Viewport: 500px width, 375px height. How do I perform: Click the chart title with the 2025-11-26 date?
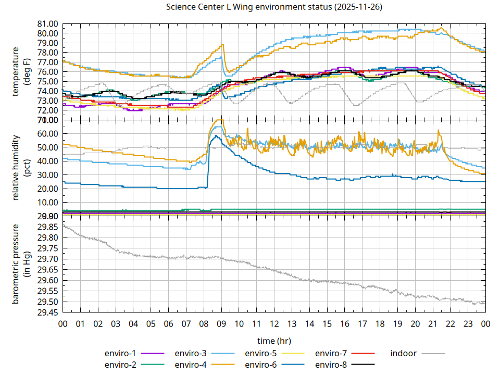(x=273, y=7)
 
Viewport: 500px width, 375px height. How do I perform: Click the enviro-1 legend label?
(x=121, y=353)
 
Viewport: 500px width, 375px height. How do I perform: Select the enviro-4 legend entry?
(x=191, y=365)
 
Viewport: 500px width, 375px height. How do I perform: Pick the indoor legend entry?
(x=404, y=353)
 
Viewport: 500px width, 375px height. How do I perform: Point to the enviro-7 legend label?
(x=331, y=353)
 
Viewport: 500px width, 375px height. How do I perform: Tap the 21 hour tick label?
(x=432, y=324)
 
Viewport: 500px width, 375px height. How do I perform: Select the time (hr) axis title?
(x=273, y=341)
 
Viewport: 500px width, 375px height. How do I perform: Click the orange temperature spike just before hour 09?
(x=222, y=45)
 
